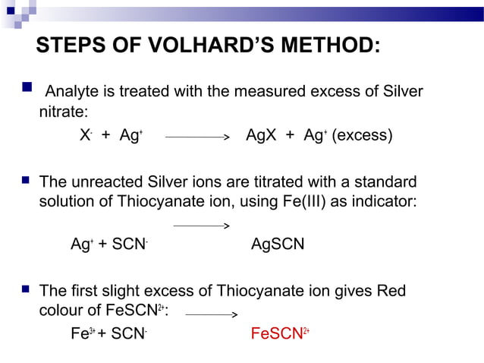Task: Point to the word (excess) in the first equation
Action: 363,136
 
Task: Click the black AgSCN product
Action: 278,245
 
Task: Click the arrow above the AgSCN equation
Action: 201,226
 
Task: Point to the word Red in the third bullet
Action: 389,291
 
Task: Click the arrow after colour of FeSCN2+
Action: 212,314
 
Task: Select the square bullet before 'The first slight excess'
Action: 25,290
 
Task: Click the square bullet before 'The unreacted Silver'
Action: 25,181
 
